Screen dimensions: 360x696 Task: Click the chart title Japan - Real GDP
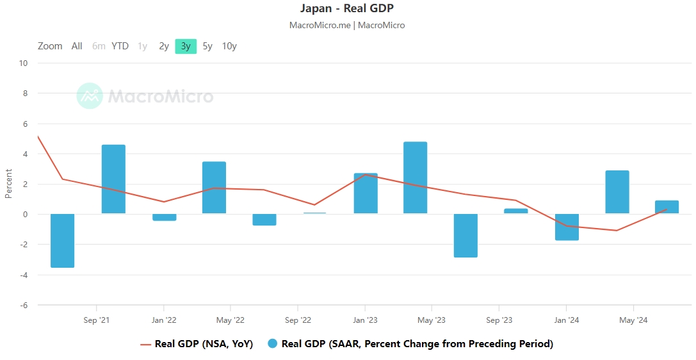click(347, 8)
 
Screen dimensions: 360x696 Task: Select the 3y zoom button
click(186, 46)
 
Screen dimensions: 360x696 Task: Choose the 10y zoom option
click(229, 46)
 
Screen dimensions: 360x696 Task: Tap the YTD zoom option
click(120, 46)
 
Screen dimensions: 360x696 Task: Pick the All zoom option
click(77, 46)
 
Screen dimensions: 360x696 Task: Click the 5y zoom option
click(207, 46)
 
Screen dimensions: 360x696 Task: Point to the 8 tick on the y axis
click(24, 94)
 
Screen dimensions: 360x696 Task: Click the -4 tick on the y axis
click(22, 275)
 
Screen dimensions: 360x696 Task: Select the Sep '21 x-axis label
click(96, 320)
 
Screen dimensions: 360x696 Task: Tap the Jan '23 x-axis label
click(365, 320)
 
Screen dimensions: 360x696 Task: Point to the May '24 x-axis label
click(633, 320)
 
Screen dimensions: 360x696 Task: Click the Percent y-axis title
click(9, 183)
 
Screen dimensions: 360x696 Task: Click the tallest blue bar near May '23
click(415, 177)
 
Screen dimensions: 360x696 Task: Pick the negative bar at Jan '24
click(567, 227)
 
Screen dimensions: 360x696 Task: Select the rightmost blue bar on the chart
click(667, 207)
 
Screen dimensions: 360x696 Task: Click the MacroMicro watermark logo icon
click(90, 96)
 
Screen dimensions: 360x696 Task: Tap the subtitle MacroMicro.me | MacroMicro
click(347, 26)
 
